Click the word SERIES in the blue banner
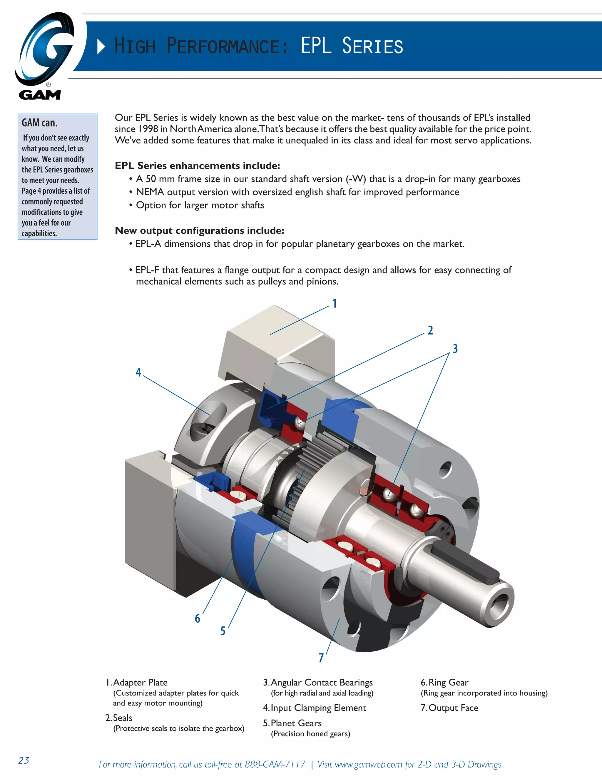click(372, 46)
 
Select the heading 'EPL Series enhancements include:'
click(197, 166)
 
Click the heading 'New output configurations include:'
click(199, 230)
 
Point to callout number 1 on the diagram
click(335, 304)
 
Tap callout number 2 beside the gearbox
click(430, 330)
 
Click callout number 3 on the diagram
click(455, 348)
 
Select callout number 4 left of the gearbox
click(138, 372)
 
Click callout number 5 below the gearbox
click(223, 631)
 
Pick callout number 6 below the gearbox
click(197, 618)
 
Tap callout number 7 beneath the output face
click(321, 657)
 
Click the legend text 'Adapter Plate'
click(140, 682)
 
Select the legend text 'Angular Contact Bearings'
click(321, 682)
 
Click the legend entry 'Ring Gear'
click(448, 682)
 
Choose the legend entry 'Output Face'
click(453, 708)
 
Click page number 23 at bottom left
click(24, 760)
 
